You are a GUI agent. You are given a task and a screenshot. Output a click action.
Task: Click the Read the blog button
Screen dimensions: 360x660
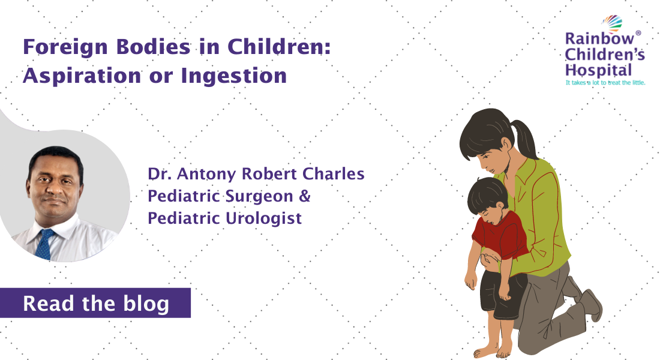(x=96, y=303)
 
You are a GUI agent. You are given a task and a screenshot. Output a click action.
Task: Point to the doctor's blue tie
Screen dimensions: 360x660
(x=45, y=244)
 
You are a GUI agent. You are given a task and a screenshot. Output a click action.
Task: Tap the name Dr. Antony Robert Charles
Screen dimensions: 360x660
(x=256, y=175)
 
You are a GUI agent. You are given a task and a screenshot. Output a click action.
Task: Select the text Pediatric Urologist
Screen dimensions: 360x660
(x=224, y=218)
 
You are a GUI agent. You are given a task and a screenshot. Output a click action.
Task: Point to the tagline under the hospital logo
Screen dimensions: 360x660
(x=605, y=82)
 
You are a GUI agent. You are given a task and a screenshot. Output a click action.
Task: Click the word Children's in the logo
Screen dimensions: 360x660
(x=605, y=55)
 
